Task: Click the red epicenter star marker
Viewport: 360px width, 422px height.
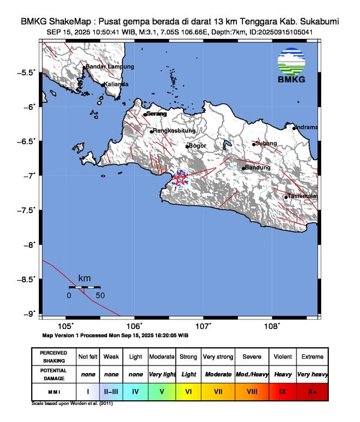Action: [x=179, y=180]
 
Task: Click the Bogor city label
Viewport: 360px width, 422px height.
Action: [x=197, y=146]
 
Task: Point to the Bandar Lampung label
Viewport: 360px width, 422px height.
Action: [x=110, y=67]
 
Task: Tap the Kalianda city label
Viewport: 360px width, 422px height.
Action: [x=116, y=84]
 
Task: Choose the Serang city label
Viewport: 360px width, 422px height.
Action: [x=156, y=114]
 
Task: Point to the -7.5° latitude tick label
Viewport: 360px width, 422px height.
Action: [x=26, y=210]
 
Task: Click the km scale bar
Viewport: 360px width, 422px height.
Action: [x=84, y=288]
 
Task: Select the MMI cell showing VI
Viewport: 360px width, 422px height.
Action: [x=188, y=390]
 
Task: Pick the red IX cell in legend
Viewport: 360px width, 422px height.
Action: [x=282, y=390]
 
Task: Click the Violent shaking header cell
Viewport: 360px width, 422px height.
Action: [x=282, y=357]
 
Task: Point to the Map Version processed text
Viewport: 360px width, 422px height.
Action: [x=115, y=335]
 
